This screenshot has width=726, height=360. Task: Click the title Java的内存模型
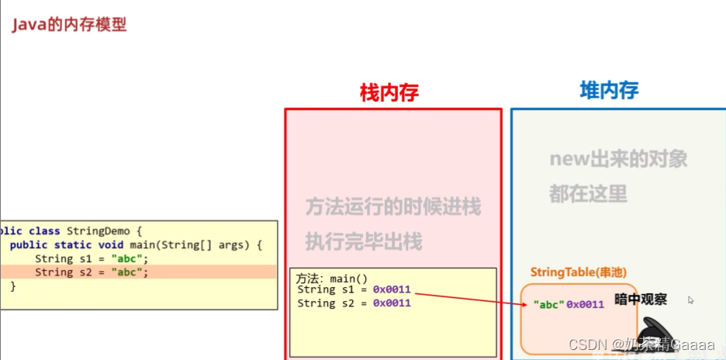pos(69,25)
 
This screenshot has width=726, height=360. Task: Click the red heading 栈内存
pos(389,93)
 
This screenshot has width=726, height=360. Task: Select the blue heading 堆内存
pos(609,90)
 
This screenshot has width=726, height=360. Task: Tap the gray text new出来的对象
pos(618,159)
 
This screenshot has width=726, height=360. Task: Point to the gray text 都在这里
pos(588,193)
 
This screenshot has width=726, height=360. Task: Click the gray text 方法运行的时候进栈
pos(392,207)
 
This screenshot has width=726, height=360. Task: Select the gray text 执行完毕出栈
pos(363,241)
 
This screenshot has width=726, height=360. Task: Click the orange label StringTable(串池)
pos(578,272)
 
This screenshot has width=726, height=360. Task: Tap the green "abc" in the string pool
pos(548,304)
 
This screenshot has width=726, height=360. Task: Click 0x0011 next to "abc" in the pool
pos(585,304)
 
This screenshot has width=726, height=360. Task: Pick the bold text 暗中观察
pos(640,299)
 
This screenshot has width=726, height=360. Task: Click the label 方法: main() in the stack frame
pos(332,278)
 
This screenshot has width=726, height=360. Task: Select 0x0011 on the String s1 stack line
pos(391,290)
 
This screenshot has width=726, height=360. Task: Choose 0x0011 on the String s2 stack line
pos(391,303)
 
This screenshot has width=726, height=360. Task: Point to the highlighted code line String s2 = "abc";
pos(91,272)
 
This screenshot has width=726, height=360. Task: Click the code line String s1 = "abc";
pos(91,258)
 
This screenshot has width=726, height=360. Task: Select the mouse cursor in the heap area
pos(690,299)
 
